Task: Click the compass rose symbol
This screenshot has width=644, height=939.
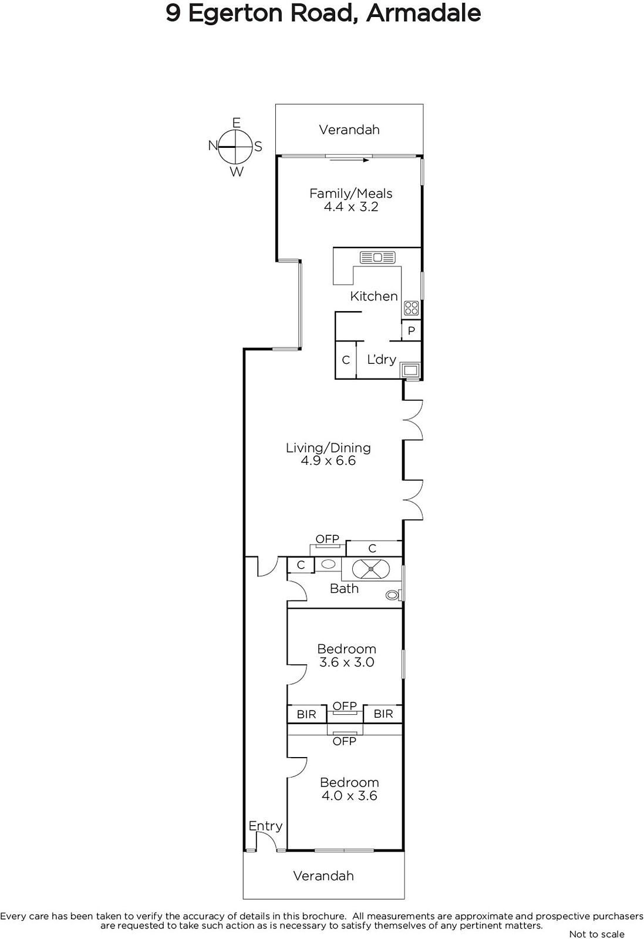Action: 235,147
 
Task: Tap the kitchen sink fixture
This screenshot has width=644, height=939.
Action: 377,257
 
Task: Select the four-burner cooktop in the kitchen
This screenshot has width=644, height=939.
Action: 411,308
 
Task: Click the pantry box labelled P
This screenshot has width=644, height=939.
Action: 412,331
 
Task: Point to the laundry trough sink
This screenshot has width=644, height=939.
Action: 410,370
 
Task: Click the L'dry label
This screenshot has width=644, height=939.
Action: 382,359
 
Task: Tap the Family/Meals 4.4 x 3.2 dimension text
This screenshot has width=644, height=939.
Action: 351,206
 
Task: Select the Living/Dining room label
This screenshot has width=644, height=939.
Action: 328,448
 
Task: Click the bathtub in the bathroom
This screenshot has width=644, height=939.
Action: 371,569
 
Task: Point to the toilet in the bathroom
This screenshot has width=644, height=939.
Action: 393,595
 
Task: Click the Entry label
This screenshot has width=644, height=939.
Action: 265,826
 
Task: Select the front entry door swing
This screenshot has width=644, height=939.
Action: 267,840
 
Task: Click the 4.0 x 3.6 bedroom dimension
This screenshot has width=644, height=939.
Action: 349,795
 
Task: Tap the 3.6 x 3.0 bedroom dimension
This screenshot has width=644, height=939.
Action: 346,662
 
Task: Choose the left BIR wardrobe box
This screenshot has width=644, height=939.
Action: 306,714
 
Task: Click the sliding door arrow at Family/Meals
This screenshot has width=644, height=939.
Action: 348,160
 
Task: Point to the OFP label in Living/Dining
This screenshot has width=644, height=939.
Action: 328,539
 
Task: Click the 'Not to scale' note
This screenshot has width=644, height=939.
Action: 596,934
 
